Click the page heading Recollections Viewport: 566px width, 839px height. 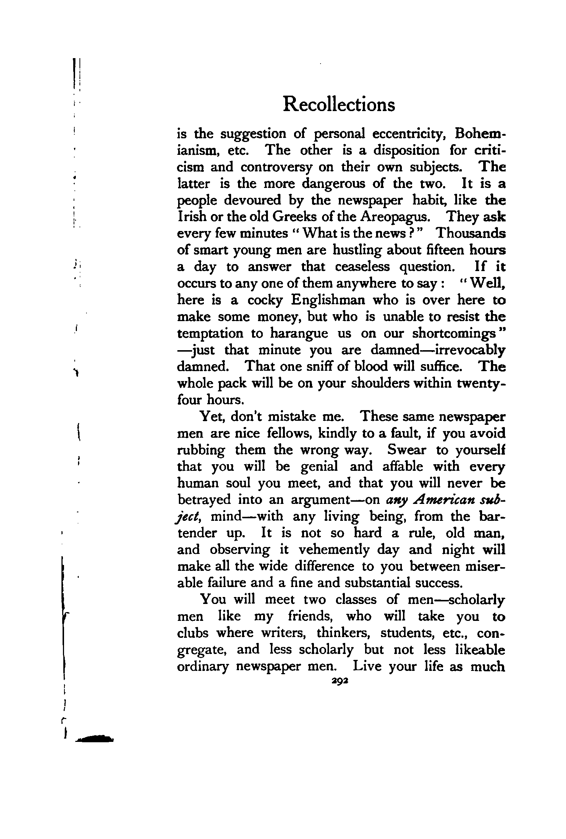click(339, 104)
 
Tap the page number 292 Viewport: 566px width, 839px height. click(340, 681)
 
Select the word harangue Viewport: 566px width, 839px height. click(299, 333)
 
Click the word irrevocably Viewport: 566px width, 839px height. click(470, 350)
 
